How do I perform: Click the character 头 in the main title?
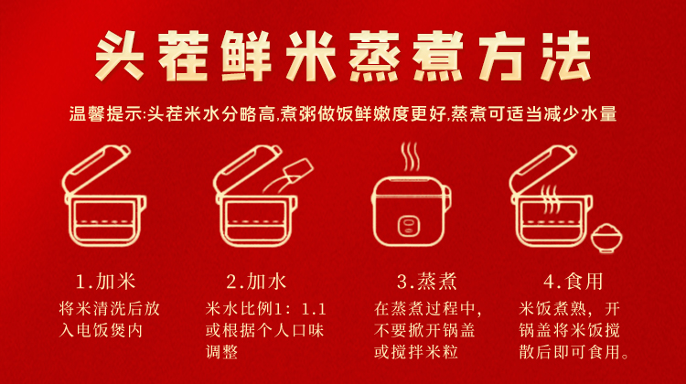click(120, 56)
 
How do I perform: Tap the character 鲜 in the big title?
click(247, 56)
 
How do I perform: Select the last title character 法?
click(566, 56)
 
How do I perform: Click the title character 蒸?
click(374, 56)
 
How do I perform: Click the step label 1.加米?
click(106, 282)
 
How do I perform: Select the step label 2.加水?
click(256, 282)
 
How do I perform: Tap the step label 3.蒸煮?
click(427, 282)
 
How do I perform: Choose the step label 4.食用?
click(573, 282)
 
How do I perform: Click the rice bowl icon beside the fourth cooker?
click(606, 239)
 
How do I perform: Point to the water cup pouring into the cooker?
click(298, 169)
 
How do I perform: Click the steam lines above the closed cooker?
click(411, 156)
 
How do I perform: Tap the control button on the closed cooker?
click(409, 226)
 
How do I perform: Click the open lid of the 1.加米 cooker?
click(97, 168)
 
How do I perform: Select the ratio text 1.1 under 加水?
click(314, 309)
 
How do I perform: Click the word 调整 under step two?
click(222, 352)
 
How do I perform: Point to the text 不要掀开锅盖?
click(424, 331)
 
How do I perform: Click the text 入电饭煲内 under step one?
click(101, 331)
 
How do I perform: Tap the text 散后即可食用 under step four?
click(570, 352)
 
